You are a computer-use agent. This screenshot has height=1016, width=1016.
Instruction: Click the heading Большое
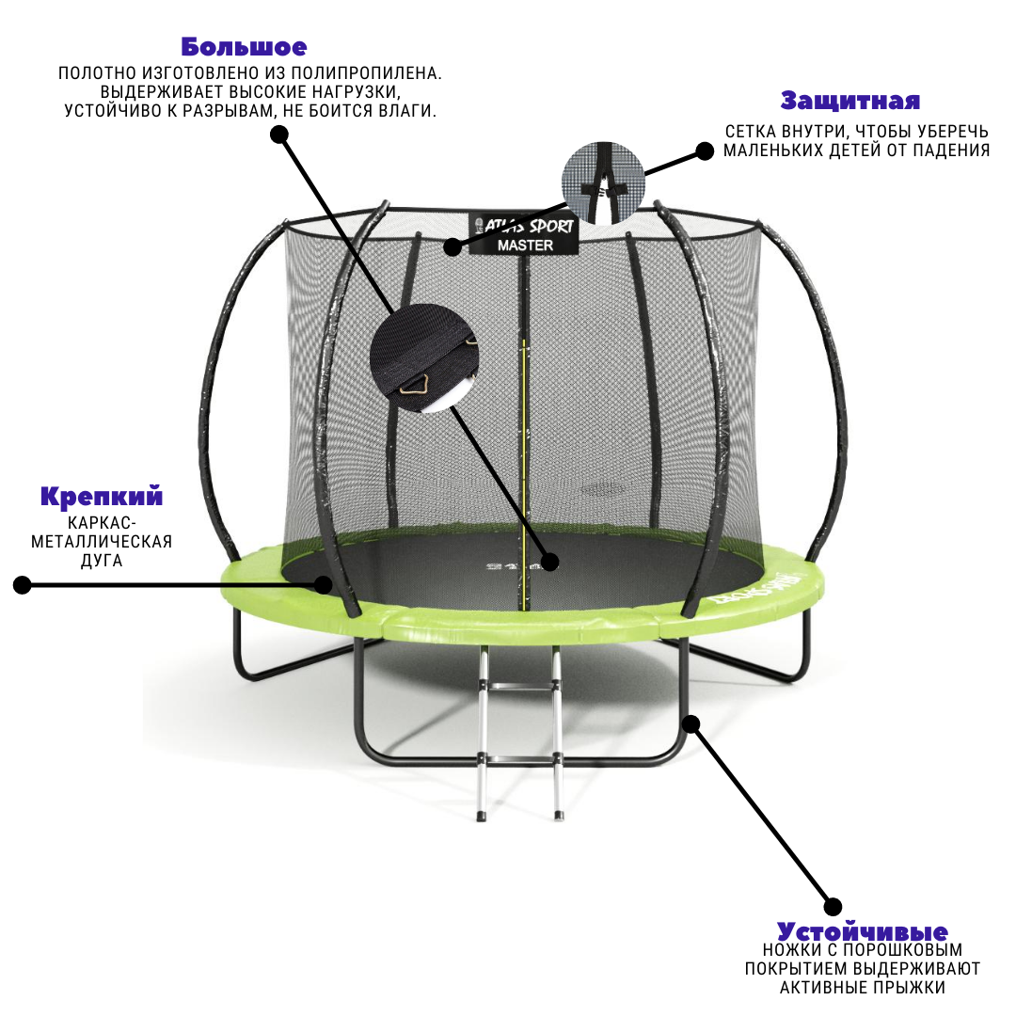pyautogui.click(x=244, y=47)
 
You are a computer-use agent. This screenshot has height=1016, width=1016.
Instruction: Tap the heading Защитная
pyautogui.click(x=849, y=101)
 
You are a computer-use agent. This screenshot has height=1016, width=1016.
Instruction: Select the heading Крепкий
pyautogui.click(x=101, y=496)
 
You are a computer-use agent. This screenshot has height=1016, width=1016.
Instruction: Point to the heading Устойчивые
pyautogui.click(x=862, y=932)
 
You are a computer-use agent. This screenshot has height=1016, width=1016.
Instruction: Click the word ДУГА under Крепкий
pyautogui.click(x=102, y=560)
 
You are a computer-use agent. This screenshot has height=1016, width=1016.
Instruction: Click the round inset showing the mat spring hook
pyautogui.click(x=422, y=358)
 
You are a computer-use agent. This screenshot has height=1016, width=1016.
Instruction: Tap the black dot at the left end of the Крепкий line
pyautogui.click(x=23, y=585)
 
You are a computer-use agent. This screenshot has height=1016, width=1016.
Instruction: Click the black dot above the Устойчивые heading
pyautogui.click(x=833, y=907)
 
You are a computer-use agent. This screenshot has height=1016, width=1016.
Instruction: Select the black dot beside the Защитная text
pyautogui.click(x=704, y=151)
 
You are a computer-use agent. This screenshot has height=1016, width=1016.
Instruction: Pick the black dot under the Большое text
pyautogui.click(x=279, y=135)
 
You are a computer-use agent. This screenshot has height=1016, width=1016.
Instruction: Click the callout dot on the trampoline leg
pyautogui.click(x=691, y=723)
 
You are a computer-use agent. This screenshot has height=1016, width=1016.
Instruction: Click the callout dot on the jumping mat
pyautogui.click(x=549, y=563)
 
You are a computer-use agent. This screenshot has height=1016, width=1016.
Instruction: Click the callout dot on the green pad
pyautogui.click(x=323, y=585)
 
